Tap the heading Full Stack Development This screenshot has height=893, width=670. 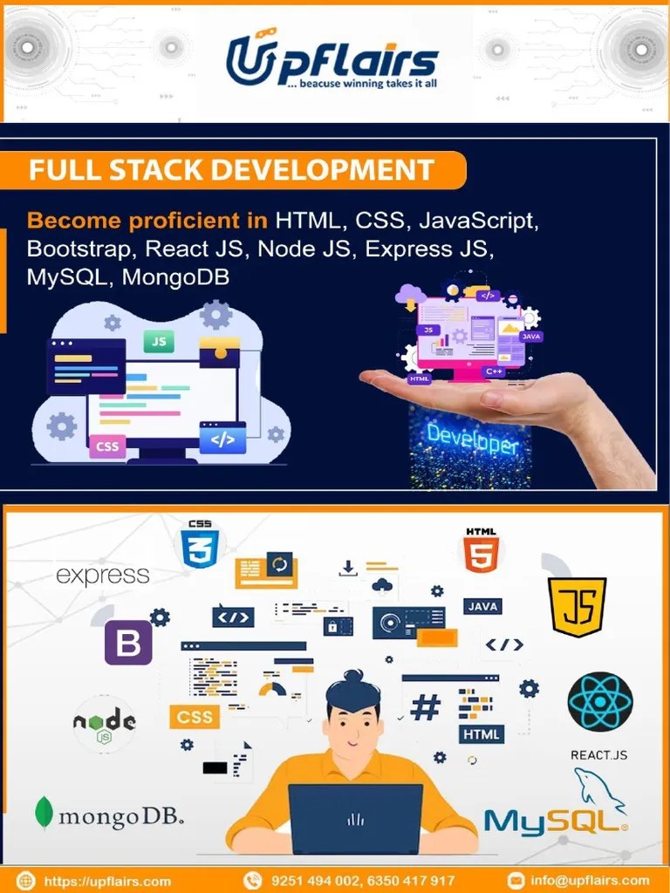click(x=231, y=169)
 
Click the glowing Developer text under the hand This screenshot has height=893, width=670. click(x=472, y=440)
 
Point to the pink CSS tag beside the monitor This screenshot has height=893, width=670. click(x=107, y=446)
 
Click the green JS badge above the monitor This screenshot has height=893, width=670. click(x=159, y=342)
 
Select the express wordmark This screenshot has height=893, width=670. click(x=103, y=576)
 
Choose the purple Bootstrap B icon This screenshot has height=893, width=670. click(x=128, y=643)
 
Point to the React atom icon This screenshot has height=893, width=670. click(x=599, y=702)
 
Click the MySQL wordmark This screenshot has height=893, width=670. click(x=555, y=821)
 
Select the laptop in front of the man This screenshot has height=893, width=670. click(x=355, y=818)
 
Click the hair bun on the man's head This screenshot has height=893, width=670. click(x=353, y=677)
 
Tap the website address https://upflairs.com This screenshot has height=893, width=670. click(x=106, y=880)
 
